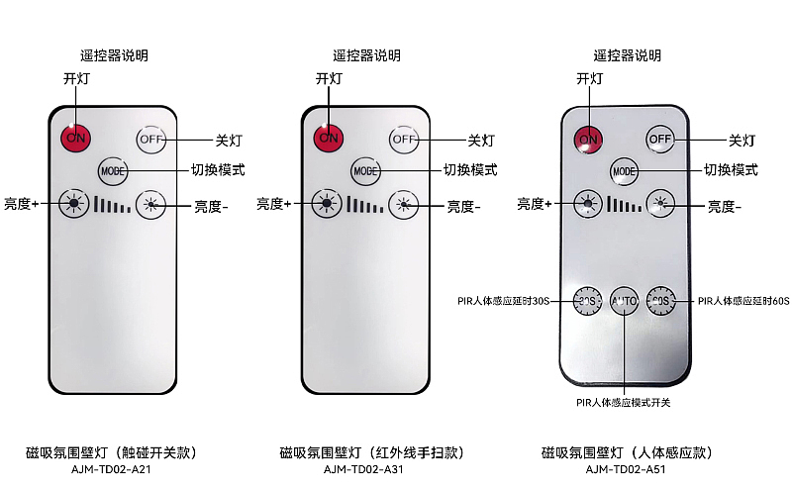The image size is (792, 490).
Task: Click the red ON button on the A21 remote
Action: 76,138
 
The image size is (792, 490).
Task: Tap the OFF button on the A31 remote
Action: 404,139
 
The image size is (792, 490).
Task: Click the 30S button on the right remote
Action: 587,301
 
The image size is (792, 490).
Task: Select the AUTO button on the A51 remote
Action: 624,301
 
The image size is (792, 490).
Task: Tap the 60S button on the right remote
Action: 660,301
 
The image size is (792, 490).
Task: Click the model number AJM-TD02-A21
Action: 111,469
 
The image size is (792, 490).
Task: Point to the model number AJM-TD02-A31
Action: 363,469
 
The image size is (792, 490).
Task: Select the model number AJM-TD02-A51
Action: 626,469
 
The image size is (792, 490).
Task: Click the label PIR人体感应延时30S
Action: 503,301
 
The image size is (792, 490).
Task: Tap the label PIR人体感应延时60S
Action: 743,301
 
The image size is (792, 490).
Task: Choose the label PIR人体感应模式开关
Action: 624,403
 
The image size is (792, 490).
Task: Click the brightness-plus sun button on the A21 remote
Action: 73,204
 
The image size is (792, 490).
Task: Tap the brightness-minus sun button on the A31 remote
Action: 404,205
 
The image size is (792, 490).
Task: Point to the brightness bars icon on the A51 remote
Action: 625,204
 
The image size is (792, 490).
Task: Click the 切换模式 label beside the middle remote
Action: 470,169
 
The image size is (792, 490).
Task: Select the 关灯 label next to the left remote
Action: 229,141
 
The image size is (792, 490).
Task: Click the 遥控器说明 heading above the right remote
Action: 628,55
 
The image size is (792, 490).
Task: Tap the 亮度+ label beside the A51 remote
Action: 535,204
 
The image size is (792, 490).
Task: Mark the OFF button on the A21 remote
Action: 151,139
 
